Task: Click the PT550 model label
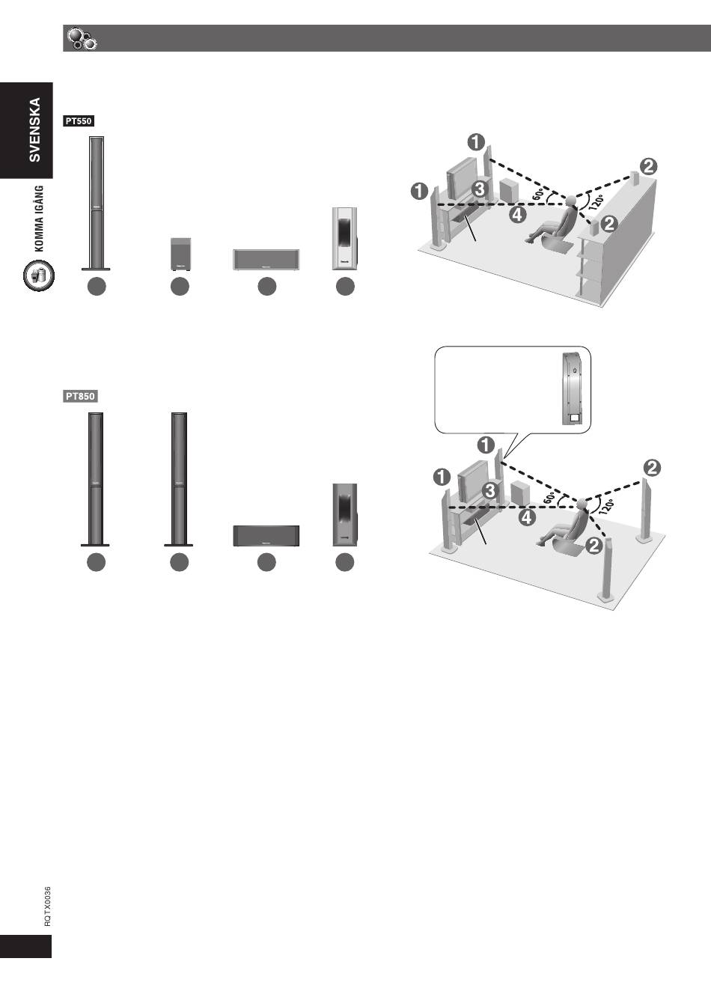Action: coord(79,121)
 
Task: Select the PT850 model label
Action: coord(80,397)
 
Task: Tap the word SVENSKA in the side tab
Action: coord(34,129)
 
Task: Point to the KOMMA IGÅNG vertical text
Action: coord(39,219)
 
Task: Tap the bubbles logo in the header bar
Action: coord(82,39)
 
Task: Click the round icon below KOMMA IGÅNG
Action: coord(39,275)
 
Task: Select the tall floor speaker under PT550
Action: coord(96,203)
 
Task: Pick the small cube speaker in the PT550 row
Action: coord(181,254)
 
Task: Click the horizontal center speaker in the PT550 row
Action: coord(266,260)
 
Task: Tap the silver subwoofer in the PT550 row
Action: coord(345,238)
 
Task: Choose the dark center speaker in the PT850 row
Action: coord(266,536)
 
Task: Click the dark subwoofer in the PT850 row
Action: coord(345,515)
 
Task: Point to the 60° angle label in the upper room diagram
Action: coord(539,195)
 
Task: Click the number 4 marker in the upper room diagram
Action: coord(517,215)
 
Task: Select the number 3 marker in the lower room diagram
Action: coord(490,490)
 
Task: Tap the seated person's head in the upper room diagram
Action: coord(570,201)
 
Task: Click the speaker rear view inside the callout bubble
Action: coord(572,388)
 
